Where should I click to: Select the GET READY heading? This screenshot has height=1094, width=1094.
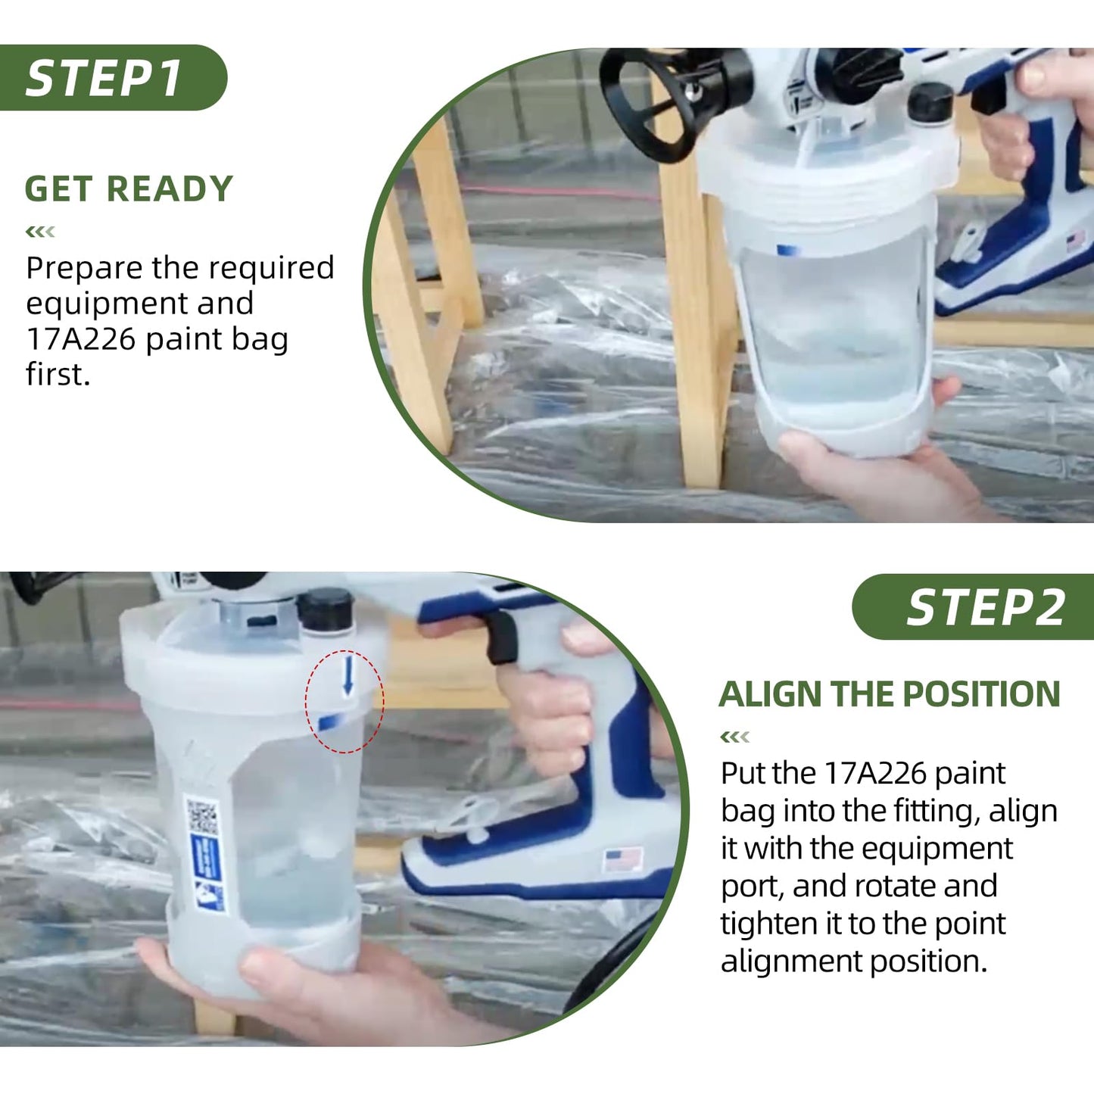coord(129,189)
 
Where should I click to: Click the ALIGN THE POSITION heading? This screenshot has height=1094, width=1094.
coord(890,694)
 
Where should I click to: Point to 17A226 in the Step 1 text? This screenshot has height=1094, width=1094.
coord(81,339)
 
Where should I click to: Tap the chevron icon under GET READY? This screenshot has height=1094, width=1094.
coord(40,232)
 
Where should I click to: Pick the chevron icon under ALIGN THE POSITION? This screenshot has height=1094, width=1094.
coord(734,737)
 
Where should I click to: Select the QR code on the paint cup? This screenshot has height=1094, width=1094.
coord(202,816)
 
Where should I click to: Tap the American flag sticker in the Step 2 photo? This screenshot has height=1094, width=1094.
coord(622,860)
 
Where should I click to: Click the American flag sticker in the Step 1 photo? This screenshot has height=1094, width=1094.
coord(1075,242)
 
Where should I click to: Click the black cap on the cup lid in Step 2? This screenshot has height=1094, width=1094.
coord(326,609)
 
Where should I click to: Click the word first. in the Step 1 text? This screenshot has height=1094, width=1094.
coord(58,375)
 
